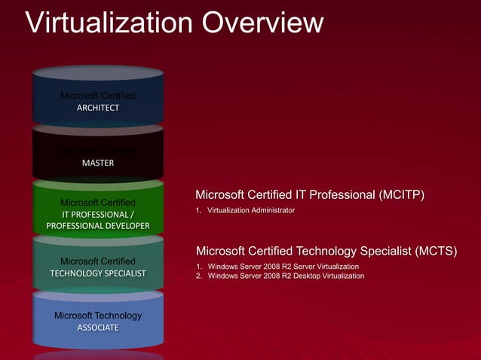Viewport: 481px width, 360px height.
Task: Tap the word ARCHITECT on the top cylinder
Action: tap(98, 108)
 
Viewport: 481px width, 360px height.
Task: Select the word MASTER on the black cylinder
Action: tap(98, 163)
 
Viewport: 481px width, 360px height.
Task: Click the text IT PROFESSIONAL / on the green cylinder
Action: tap(98, 214)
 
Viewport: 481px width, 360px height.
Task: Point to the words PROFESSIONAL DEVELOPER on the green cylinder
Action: tap(98, 226)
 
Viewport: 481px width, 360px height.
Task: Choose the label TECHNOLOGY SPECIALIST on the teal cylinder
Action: tap(98, 273)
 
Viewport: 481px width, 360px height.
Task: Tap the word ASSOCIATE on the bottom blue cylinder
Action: tap(98, 328)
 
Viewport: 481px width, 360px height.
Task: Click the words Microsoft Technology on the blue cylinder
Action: tap(98, 315)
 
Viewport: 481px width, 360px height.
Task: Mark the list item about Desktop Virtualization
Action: tap(286, 276)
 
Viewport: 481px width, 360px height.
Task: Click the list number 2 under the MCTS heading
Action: tap(198, 276)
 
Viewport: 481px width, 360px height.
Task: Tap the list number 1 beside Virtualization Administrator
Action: tap(198, 210)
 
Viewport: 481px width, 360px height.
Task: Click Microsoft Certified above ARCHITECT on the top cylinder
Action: tap(98, 96)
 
